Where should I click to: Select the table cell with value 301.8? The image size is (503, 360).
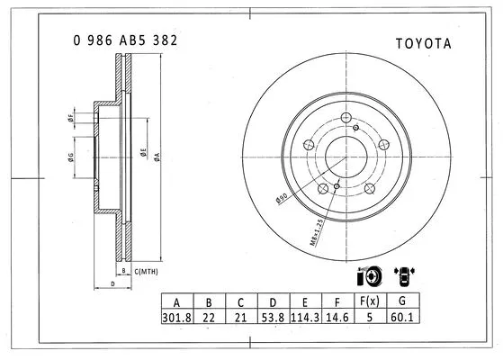[175, 318]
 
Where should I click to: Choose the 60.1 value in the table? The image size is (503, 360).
[401, 318]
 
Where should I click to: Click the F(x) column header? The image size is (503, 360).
[367, 301]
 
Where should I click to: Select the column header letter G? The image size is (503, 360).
[401, 301]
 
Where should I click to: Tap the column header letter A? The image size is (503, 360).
[175, 301]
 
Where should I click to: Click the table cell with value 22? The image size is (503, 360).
[208, 318]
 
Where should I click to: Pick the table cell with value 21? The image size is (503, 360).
[239, 318]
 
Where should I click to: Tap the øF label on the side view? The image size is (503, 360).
[69, 118]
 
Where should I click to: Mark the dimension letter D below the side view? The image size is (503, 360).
[112, 284]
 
